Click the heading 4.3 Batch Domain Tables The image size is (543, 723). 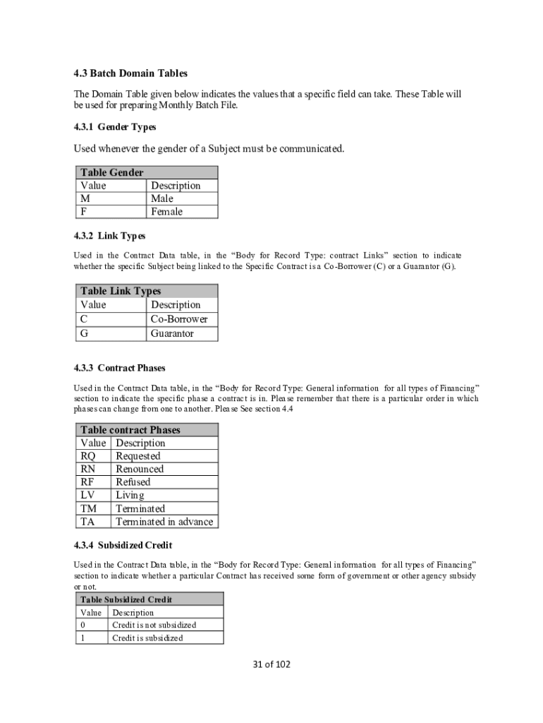131,73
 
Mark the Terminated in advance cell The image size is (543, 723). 164,522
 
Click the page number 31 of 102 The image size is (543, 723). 271,664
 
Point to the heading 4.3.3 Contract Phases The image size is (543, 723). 120,368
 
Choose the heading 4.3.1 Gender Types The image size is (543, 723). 115,127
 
